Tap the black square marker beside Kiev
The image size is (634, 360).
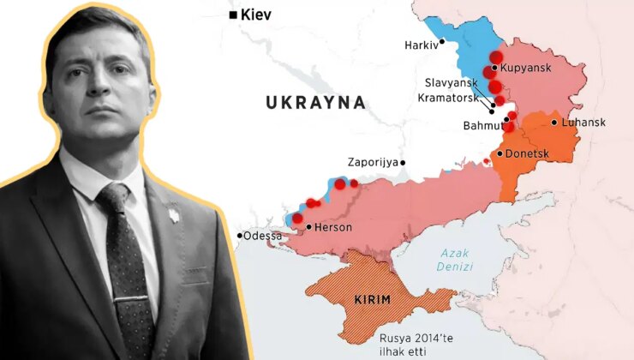coord(232,15)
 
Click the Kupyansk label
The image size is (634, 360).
coord(532,68)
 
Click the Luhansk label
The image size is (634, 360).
coord(584,123)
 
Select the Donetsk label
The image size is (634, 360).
coord(527,153)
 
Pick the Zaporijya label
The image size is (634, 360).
coord(373,161)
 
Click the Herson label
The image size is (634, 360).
coord(333,228)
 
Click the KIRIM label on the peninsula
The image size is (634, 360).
coord(372,300)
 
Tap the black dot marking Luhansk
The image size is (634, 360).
coord(554,123)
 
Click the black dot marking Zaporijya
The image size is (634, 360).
coord(403,161)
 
